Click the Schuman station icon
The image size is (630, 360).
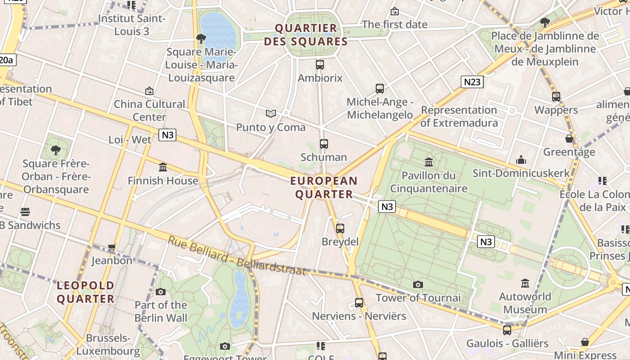(x=324, y=144)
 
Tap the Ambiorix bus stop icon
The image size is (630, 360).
(x=320, y=65)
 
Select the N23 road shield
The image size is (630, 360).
(x=472, y=81)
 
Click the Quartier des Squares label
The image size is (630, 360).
(x=306, y=35)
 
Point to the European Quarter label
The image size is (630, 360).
(x=324, y=188)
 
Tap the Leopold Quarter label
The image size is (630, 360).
(x=85, y=292)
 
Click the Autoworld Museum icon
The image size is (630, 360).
(x=525, y=283)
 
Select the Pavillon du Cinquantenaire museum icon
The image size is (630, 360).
(x=429, y=162)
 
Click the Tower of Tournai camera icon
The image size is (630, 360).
(x=418, y=284)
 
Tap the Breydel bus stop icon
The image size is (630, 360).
(x=340, y=228)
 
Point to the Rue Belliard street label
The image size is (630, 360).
(x=237, y=256)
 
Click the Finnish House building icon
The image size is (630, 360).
(x=163, y=167)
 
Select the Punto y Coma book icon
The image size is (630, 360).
(x=270, y=114)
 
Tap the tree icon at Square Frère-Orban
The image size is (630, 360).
(x=56, y=150)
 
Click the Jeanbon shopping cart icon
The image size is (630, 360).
(x=112, y=247)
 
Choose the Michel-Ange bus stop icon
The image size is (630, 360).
(x=380, y=89)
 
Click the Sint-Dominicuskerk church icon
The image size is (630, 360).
(x=521, y=160)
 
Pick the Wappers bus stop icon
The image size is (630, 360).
(x=556, y=96)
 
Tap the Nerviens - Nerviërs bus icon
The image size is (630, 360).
(x=359, y=303)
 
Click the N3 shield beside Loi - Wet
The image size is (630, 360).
(x=167, y=135)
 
